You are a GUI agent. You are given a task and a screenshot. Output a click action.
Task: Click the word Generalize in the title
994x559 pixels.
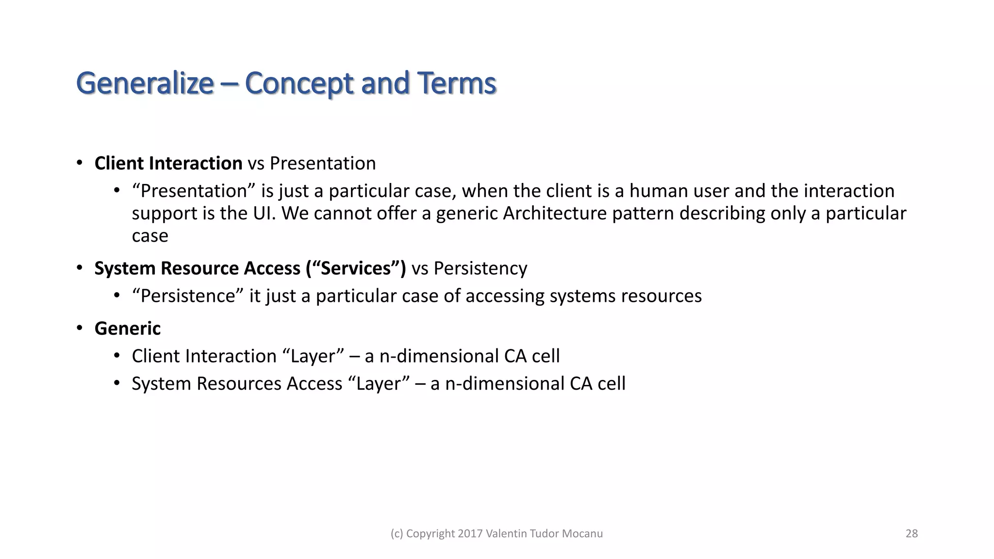tap(145, 83)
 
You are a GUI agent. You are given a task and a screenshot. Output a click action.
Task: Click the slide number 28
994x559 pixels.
tap(911, 533)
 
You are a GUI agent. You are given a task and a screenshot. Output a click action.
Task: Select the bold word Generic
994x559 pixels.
tap(127, 329)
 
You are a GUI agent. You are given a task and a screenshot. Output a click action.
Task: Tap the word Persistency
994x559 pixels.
tap(480, 268)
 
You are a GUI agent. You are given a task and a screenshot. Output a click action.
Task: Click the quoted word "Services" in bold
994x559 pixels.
tap(356, 268)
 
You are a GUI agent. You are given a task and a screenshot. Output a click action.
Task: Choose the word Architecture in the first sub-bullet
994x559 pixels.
tap(555, 214)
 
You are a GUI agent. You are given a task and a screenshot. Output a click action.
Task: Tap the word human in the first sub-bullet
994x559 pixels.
tap(659, 191)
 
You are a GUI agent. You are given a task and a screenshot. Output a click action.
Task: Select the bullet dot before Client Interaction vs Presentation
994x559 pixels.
tap(80, 163)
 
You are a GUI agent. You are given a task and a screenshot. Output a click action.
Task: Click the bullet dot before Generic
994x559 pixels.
tap(80, 329)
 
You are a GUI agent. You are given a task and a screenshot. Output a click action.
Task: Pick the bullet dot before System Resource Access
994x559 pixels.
tap(80, 268)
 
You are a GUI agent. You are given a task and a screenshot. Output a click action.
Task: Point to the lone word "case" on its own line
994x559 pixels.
tap(150, 236)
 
